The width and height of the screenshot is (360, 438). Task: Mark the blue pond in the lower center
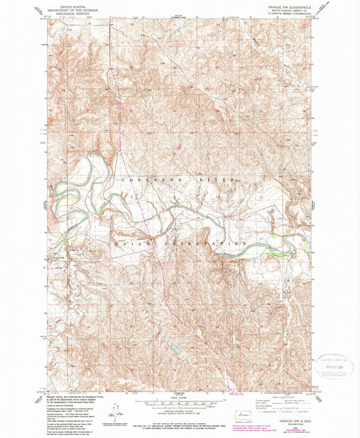pyautogui.click(x=175, y=348)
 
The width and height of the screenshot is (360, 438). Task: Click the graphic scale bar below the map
pyautogui.click(x=178, y=398)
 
